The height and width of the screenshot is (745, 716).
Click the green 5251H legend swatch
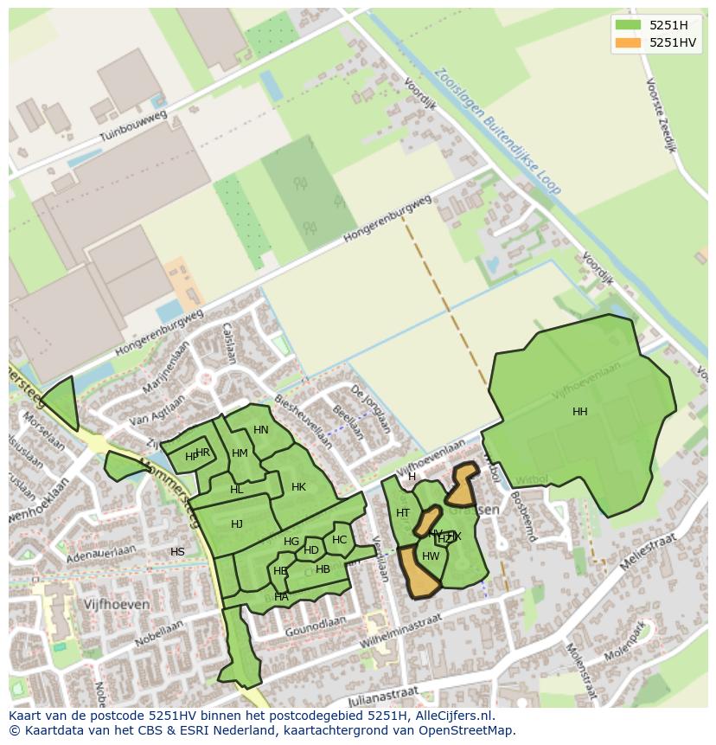coord(628,24)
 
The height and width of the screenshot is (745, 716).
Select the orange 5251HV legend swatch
coord(628,42)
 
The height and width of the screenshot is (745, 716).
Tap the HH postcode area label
coord(579,412)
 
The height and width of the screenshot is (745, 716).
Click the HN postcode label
coord(261,430)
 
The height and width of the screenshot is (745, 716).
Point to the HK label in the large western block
coord(298,487)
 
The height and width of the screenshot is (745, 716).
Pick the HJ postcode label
coord(237,524)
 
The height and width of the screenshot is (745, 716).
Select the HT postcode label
coord(403,513)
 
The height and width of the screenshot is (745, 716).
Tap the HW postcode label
coord(431,556)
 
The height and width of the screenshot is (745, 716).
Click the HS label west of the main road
coord(177,552)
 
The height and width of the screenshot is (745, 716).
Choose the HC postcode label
coord(339,540)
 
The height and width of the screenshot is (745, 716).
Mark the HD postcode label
coord(311,550)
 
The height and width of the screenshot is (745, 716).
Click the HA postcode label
coord(281,597)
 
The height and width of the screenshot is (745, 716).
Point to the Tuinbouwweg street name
coord(131,125)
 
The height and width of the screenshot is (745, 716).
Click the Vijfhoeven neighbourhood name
coord(117,604)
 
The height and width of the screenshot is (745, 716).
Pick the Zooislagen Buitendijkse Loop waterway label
coord(498,132)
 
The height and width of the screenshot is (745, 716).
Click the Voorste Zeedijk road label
coord(660,115)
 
